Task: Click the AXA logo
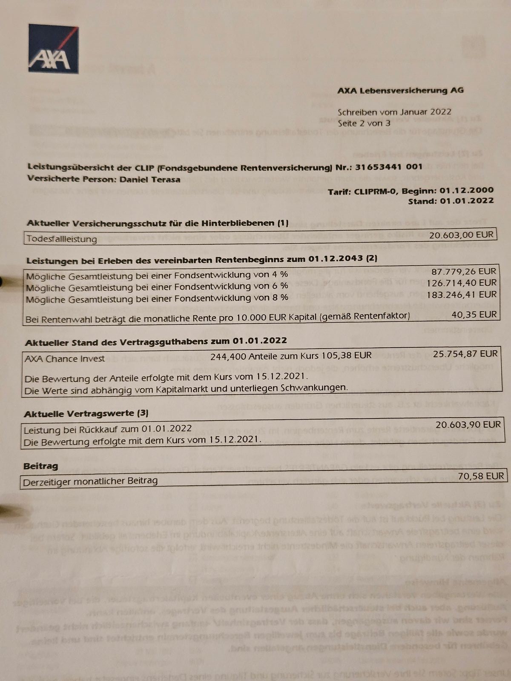[53, 49]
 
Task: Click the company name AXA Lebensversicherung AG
[400, 90]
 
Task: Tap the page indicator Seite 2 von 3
[364, 123]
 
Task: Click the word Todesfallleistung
[62, 239]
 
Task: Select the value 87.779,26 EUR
[464, 272]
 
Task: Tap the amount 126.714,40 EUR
[461, 283]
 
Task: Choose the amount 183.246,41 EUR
[461, 295]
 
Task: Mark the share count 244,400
[226, 356]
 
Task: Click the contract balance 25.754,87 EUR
[465, 354]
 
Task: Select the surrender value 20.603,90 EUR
[468, 424]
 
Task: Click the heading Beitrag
[40, 466]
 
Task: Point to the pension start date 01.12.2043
[336, 258]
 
